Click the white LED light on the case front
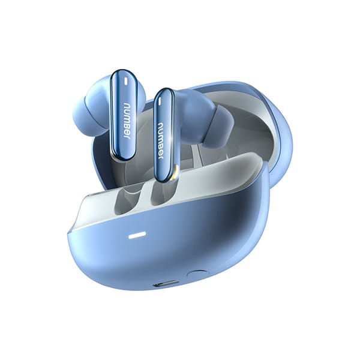tap(137, 235)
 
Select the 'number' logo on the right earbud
tap(161, 142)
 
